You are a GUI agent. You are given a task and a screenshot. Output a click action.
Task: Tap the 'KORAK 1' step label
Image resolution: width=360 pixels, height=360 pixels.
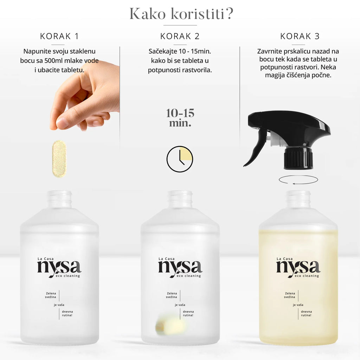coord(59,36)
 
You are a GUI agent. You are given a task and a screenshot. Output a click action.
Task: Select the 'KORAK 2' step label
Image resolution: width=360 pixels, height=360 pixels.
coord(180,36)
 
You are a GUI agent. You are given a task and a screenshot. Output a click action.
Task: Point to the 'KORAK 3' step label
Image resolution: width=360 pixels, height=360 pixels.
coord(300,36)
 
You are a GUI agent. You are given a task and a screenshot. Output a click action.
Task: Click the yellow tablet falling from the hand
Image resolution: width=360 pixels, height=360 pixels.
coord(59,159)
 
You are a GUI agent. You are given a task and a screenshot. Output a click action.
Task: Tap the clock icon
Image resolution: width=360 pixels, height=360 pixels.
coord(180,159)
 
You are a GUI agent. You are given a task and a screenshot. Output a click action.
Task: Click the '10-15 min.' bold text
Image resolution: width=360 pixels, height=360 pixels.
coord(180,118)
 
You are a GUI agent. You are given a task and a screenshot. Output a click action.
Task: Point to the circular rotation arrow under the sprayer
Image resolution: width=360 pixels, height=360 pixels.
coord(298,180)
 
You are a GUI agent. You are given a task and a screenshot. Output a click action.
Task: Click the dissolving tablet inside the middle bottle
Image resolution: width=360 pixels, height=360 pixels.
coord(171,326)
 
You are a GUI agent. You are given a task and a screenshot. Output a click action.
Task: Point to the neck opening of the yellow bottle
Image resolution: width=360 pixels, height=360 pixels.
coord(298,193)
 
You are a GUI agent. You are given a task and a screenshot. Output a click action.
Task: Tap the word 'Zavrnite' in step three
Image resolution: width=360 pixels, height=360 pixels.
coord(270,51)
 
